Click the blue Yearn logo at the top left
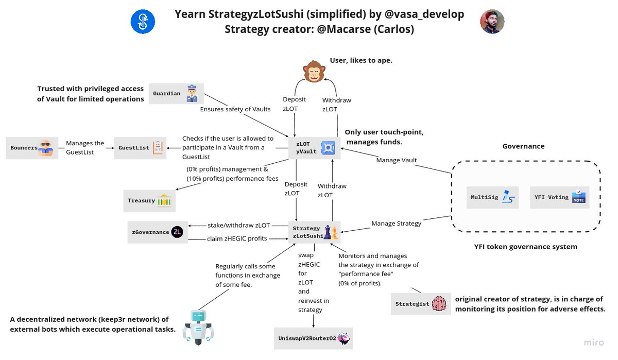tap(143, 22)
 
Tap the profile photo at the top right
tap(492, 22)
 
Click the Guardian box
tap(176, 94)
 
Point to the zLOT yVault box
tap(314, 148)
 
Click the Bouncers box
tap(31, 148)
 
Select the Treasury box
tap(149, 201)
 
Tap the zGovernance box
tap(158, 232)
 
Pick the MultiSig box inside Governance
tap(492, 197)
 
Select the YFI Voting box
tap(558, 197)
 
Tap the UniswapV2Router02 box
tap(314, 338)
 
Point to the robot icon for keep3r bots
tap(198, 327)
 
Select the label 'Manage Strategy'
tap(396, 224)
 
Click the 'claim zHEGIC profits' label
tap(237, 238)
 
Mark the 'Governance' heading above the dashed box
tap(523, 146)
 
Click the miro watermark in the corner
tap(594, 343)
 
